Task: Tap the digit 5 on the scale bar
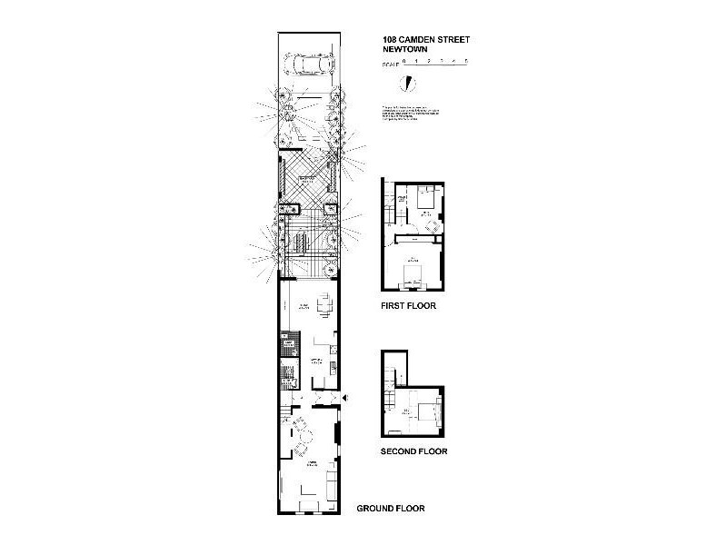pyautogui.click(x=466, y=61)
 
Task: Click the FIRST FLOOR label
pyautogui.click(x=408, y=307)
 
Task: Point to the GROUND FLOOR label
pyautogui.click(x=391, y=509)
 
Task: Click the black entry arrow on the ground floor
pyautogui.click(x=346, y=399)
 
